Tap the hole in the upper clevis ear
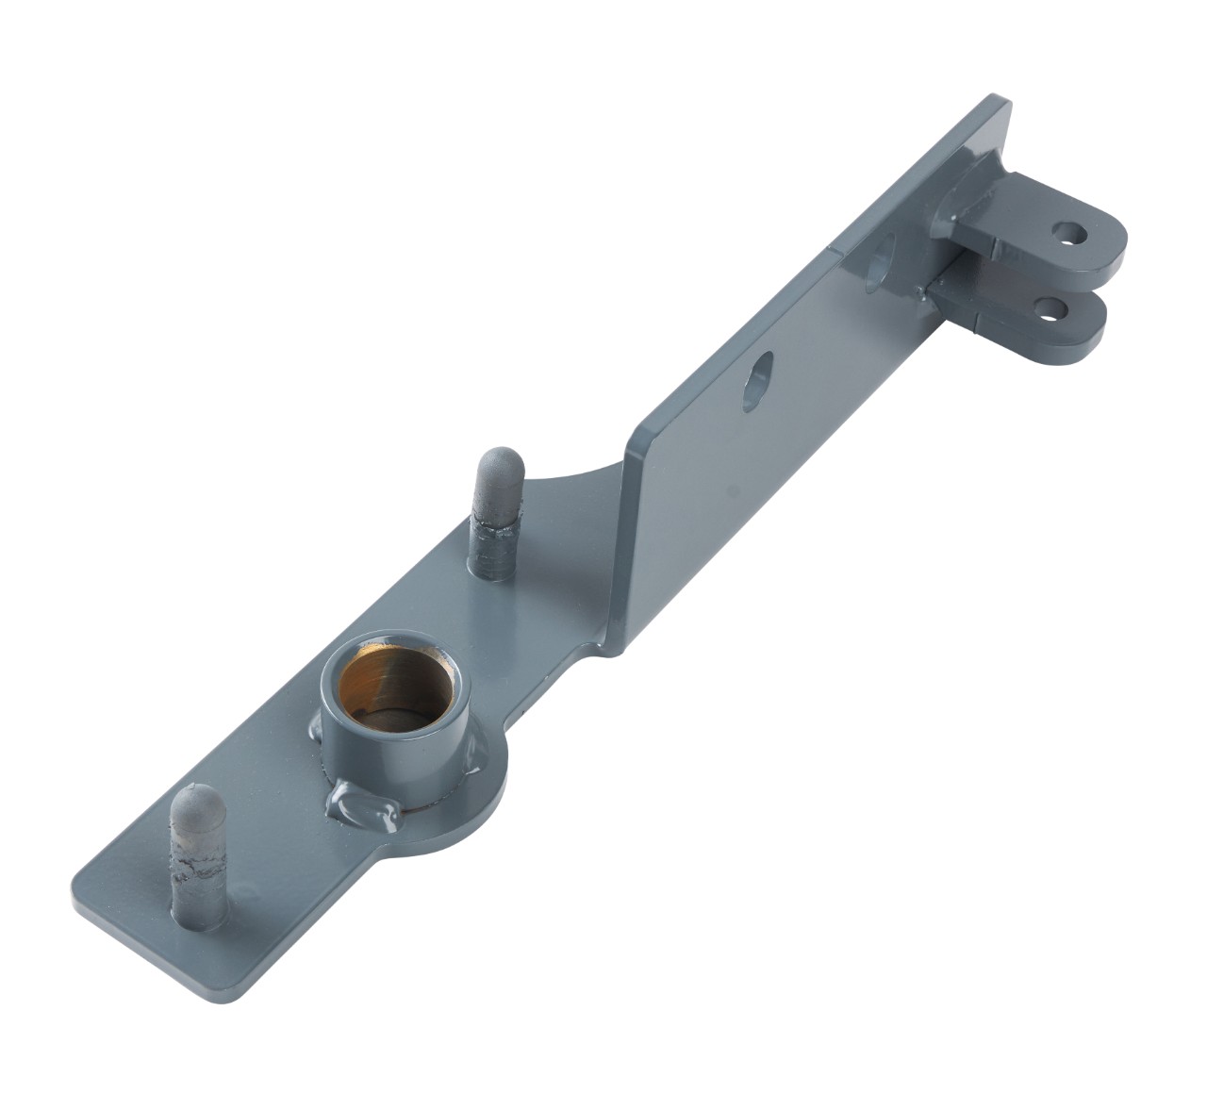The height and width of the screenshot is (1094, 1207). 1067,232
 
